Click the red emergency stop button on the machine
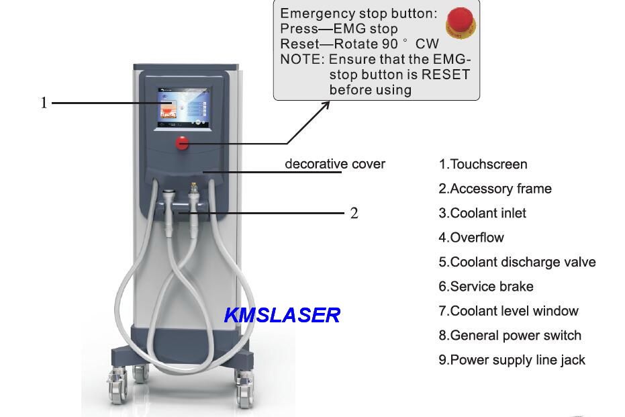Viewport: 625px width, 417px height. (x=182, y=142)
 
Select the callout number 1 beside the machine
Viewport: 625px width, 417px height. (x=44, y=103)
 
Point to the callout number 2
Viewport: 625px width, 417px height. (x=354, y=214)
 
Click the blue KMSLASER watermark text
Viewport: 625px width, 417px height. (x=283, y=315)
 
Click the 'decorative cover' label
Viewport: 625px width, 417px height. (x=335, y=164)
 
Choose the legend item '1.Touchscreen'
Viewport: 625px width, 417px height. (x=483, y=165)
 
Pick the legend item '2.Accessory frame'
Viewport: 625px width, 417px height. (x=495, y=189)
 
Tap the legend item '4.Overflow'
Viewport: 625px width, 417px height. (x=471, y=238)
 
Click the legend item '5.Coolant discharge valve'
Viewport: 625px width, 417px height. (x=517, y=263)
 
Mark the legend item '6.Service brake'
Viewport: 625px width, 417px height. (x=486, y=287)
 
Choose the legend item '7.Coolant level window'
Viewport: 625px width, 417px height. (x=508, y=311)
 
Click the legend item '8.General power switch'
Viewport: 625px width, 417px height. (x=510, y=336)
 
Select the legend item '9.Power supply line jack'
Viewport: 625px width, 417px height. (x=512, y=360)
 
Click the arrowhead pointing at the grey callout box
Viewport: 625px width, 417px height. (x=326, y=104)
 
